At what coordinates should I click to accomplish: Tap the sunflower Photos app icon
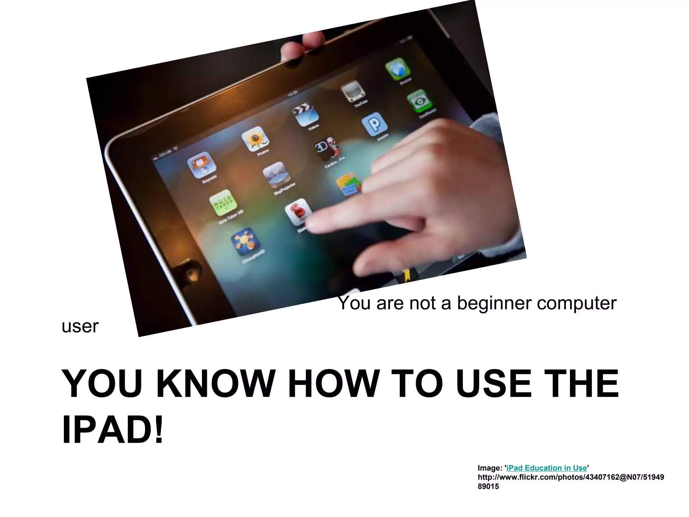click(x=255, y=139)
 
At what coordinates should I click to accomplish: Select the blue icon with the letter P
click(x=374, y=124)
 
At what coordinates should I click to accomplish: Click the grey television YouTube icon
click(x=353, y=91)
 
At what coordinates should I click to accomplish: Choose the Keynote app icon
click(x=201, y=165)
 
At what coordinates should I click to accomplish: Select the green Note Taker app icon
click(x=223, y=203)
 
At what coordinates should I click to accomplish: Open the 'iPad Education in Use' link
click(x=546, y=468)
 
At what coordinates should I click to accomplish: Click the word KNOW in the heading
click(x=215, y=384)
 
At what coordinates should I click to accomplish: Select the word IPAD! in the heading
click(x=113, y=430)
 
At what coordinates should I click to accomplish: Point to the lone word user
click(x=80, y=326)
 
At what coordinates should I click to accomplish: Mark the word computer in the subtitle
click(x=577, y=303)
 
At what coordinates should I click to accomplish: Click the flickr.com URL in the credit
click(x=571, y=477)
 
